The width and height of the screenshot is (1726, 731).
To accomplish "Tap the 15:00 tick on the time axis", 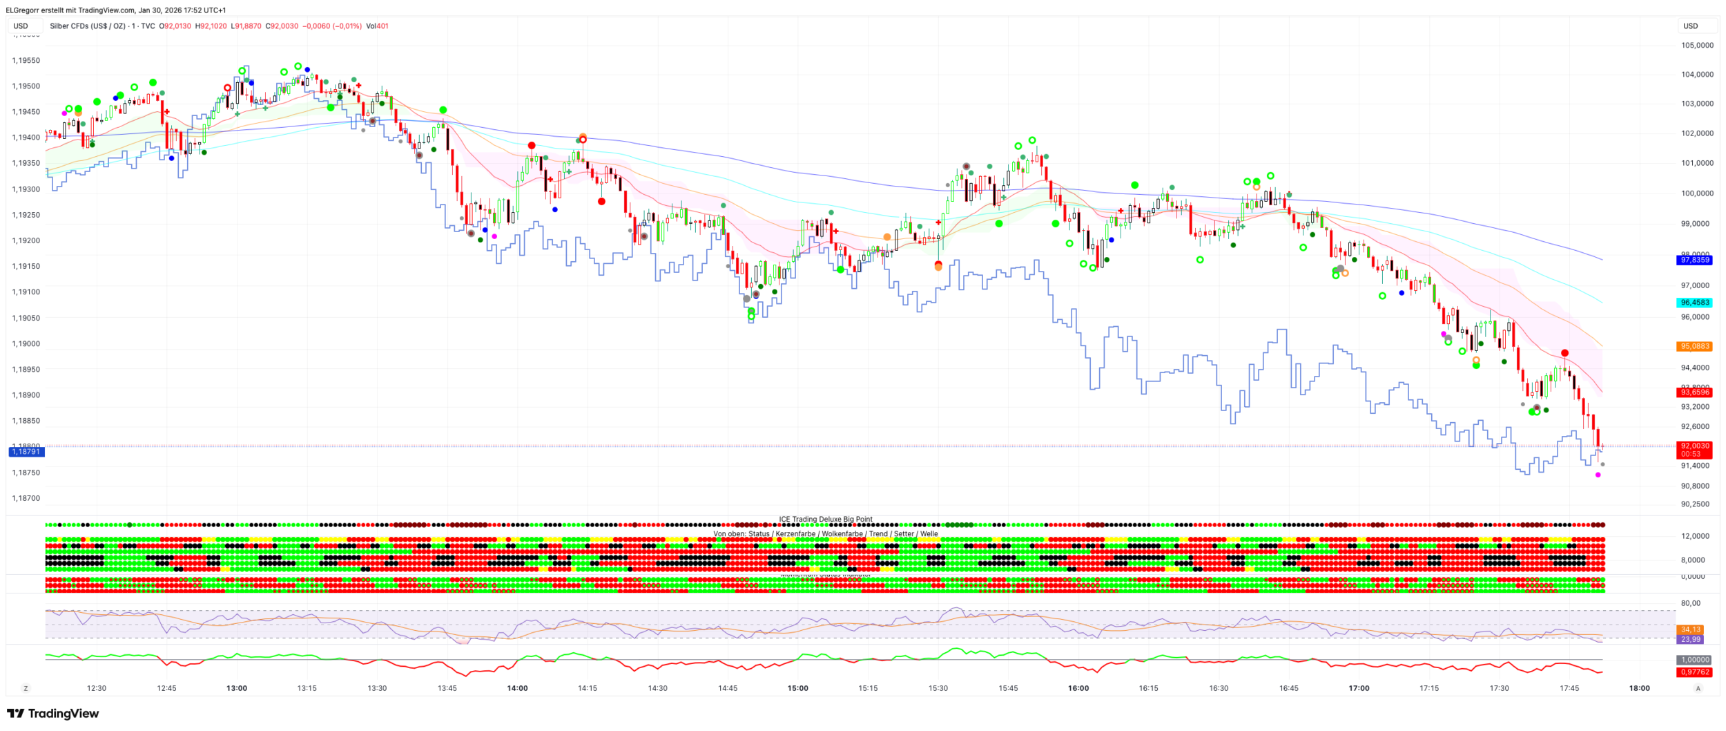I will (x=797, y=688).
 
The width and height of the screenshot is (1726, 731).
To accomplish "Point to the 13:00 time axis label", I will (x=237, y=688).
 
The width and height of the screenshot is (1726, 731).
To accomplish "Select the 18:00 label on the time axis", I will (x=1639, y=688).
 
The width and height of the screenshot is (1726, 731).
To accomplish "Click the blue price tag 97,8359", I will (x=1695, y=260).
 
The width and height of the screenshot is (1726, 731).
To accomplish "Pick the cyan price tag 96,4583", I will (x=1695, y=303).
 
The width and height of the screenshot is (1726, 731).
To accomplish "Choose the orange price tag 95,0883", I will (x=1695, y=346).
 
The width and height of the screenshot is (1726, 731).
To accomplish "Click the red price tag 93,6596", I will (x=1695, y=392).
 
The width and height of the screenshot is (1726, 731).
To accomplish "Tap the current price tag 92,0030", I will (x=1695, y=446).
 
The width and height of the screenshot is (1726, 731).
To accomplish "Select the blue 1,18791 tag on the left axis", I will (x=26, y=452).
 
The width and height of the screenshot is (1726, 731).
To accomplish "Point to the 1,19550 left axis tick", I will (x=26, y=61).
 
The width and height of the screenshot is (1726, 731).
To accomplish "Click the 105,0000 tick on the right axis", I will (x=1696, y=46).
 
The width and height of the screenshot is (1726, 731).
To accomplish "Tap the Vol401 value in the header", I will (x=377, y=26).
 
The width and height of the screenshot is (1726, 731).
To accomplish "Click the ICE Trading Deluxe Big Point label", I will (x=825, y=519).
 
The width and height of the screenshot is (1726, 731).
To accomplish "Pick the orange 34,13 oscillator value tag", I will (x=1691, y=629).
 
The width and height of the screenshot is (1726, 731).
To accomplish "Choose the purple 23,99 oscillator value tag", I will (x=1691, y=639).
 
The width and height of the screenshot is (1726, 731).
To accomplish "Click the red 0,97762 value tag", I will (x=1695, y=672).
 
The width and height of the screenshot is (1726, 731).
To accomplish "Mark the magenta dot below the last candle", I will (x=1598, y=475).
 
